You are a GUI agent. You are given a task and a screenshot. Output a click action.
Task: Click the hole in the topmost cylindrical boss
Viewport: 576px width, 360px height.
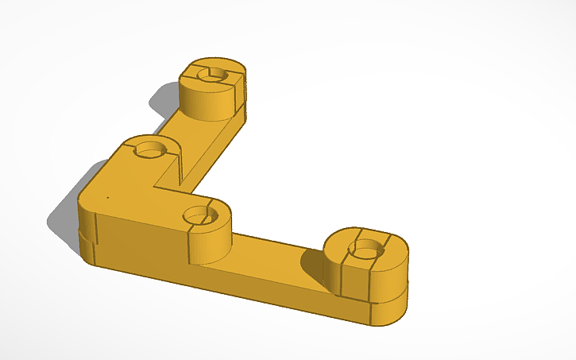coord(213,74)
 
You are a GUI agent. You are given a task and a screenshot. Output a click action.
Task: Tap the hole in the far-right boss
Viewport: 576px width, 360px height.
coord(365,251)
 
